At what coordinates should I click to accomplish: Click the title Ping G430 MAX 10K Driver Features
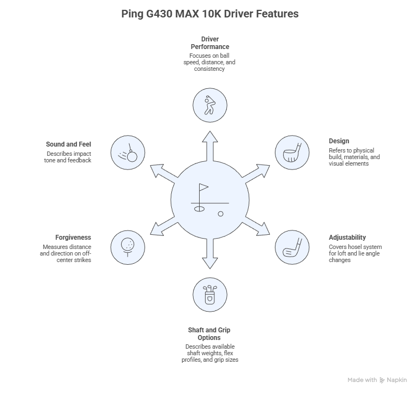click(210, 14)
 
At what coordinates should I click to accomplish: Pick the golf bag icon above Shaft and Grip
click(210, 295)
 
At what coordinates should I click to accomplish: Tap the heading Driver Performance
click(209, 43)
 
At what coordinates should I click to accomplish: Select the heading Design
click(339, 141)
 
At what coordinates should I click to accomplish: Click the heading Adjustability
click(347, 238)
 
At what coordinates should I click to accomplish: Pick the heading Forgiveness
click(73, 238)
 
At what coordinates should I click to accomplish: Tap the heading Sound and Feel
click(68, 144)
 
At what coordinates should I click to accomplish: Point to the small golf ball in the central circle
click(220, 214)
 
